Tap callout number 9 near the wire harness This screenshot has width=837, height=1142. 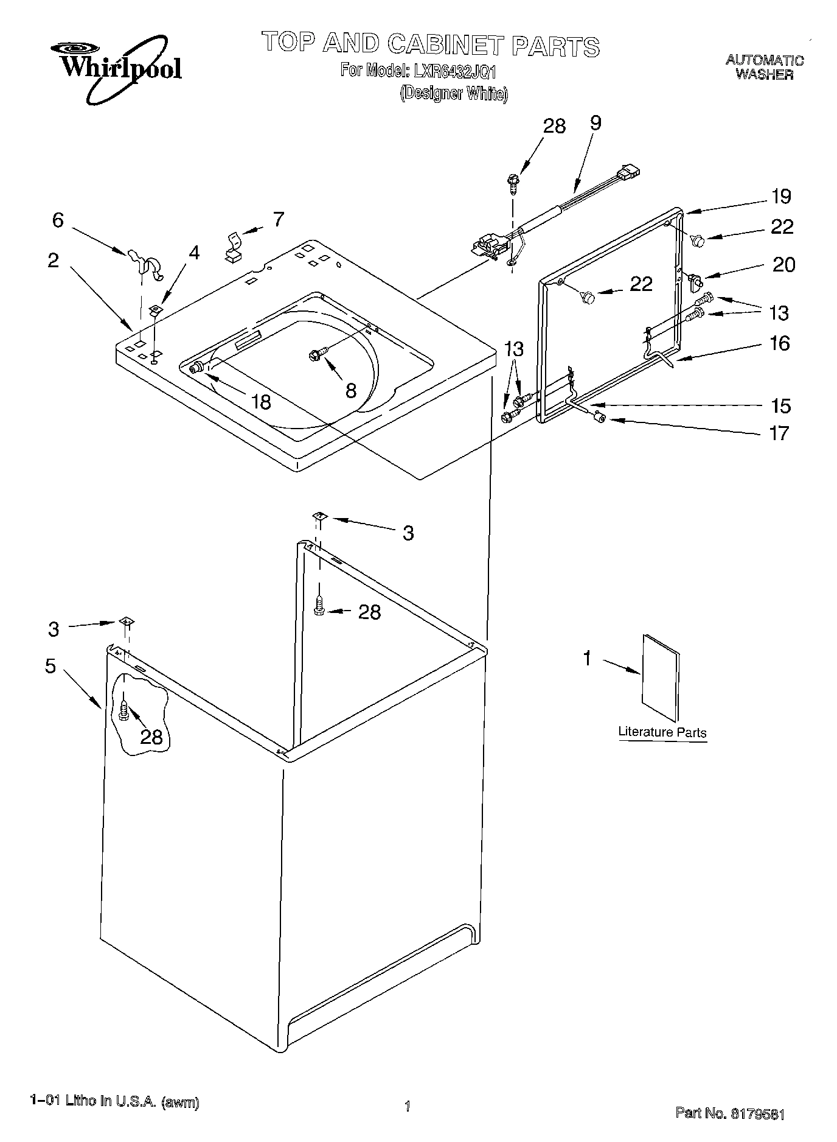pyautogui.click(x=595, y=123)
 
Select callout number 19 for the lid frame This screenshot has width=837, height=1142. pyautogui.click(x=781, y=197)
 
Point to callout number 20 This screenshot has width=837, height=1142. pyautogui.click(x=783, y=265)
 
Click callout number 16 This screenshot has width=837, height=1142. pyautogui.click(x=779, y=344)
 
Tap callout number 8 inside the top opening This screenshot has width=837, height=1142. pyautogui.click(x=350, y=391)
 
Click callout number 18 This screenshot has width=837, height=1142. pyautogui.click(x=262, y=402)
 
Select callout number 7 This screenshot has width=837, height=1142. pyautogui.click(x=278, y=219)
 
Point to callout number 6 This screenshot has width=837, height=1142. pyautogui.click(x=58, y=220)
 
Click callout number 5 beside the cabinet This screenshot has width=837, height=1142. pyautogui.click(x=50, y=666)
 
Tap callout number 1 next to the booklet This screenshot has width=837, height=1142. pyautogui.click(x=587, y=658)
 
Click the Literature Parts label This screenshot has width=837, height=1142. pyautogui.click(x=662, y=732)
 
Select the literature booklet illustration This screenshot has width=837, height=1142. pyautogui.click(x=660, y=678)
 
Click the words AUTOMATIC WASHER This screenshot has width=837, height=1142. pyautogui.click(x=764, y=67)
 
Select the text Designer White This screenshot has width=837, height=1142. pyautogui.click(x=454, y=94)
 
